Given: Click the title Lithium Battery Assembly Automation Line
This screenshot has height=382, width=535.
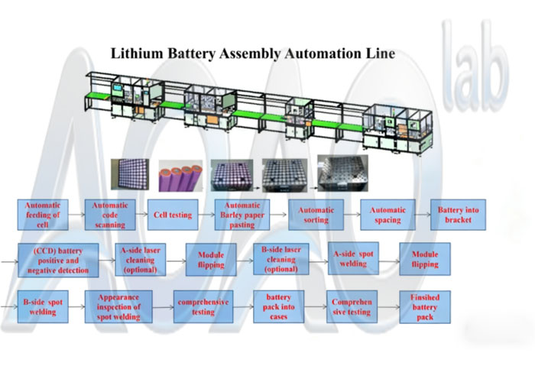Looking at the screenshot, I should (x=253, y=54).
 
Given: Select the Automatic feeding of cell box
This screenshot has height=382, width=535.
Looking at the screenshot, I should (x=43, y=215).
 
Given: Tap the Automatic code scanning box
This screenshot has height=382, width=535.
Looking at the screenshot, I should (x=109, y=215).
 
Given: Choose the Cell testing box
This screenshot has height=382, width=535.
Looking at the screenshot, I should (x=173, y=215).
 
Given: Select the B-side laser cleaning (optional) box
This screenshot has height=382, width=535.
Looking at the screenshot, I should (x=280, y=260).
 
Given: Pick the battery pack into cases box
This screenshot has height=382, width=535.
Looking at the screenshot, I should (x=279, y=306).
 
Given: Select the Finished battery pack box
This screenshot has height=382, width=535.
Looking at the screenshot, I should (x=425, y=306).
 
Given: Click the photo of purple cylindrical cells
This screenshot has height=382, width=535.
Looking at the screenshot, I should (x=180, y=173).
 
